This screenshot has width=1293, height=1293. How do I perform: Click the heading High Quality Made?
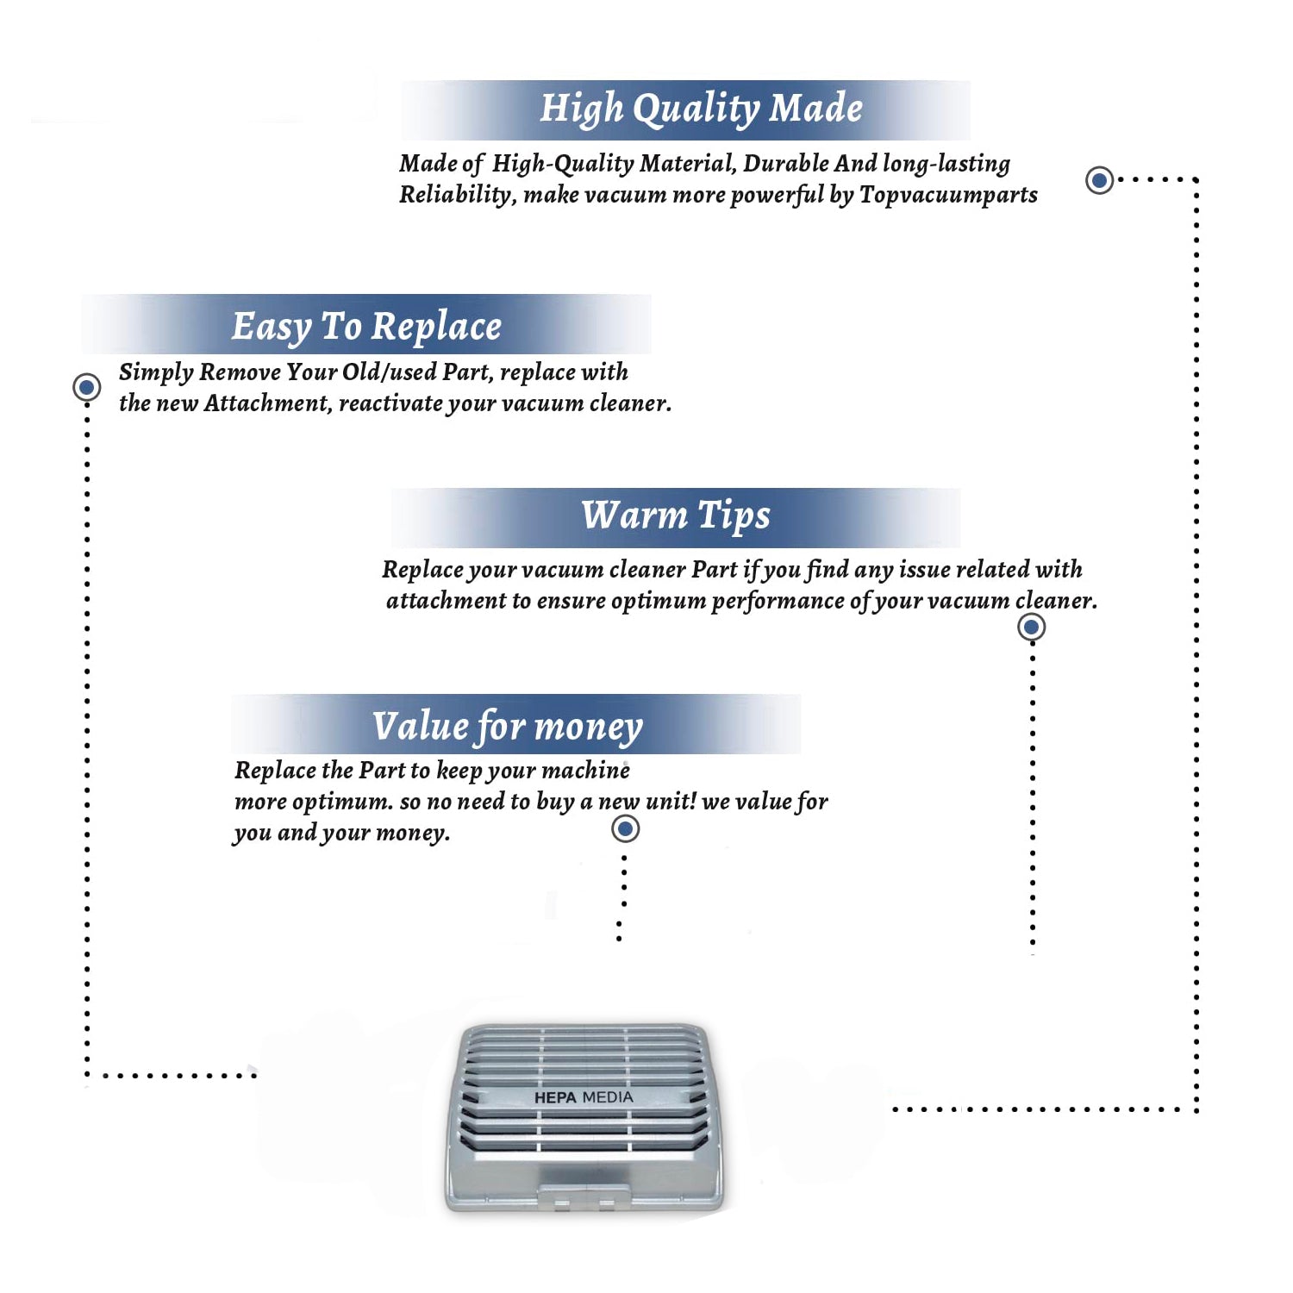point(701,109)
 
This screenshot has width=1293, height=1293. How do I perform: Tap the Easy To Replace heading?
point(366,327)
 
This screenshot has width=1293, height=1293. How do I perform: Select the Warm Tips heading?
point(675,515)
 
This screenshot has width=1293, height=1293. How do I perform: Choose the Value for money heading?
point(507,727)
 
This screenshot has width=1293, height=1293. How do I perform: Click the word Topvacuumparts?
point(948,196)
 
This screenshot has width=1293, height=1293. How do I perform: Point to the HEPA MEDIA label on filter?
point(584,1097)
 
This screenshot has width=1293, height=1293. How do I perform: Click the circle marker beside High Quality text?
point(1099,180)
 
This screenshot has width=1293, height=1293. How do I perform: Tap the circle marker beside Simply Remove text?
point(86,387)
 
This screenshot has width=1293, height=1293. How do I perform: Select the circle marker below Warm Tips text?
point(1032,627)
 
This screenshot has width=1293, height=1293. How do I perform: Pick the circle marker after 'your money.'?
point(625,829)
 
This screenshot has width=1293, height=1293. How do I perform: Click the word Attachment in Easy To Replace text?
point(267,403)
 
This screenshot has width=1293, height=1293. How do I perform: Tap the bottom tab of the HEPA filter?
point(584,1195)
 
